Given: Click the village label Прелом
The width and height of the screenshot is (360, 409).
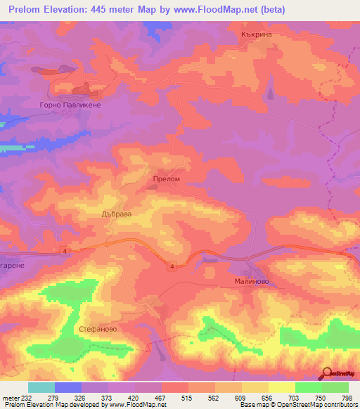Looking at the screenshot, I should (167, 180).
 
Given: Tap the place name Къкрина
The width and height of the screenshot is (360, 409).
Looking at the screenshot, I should (256, 34).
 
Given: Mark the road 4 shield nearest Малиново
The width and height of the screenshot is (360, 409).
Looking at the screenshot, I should (172, 266).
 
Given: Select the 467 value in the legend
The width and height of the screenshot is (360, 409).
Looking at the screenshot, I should (161, 398).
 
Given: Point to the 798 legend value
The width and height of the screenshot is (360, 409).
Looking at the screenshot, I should (347, 398).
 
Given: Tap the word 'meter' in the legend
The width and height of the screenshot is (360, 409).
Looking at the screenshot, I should (10, 398).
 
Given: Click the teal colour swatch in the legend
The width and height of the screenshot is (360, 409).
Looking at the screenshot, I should (41, 387).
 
